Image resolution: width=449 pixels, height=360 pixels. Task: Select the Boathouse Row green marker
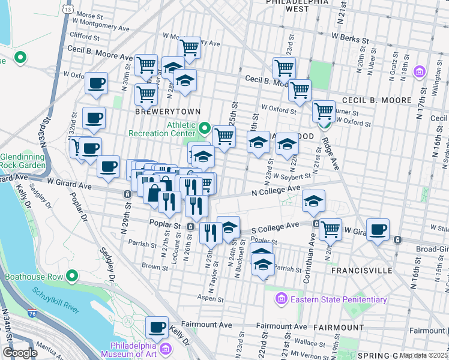[x=73, y=277]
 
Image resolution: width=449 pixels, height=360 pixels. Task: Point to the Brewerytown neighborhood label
[x=158, y=112]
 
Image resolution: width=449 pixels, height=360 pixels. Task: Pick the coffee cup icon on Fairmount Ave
[x=157, y=327]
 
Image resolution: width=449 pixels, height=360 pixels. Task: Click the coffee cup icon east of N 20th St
[x=378, y=229]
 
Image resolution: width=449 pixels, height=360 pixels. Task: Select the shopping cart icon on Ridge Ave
[x=324, y=110]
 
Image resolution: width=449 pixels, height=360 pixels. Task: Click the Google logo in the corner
[x=20, y=353]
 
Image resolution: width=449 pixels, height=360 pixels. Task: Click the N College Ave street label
[x=276, y=190]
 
